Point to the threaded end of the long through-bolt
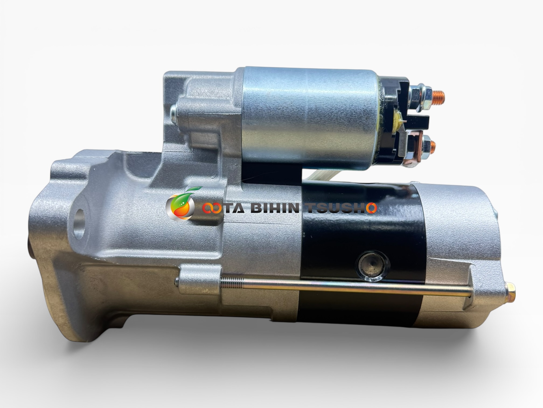(x=232, y=283)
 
